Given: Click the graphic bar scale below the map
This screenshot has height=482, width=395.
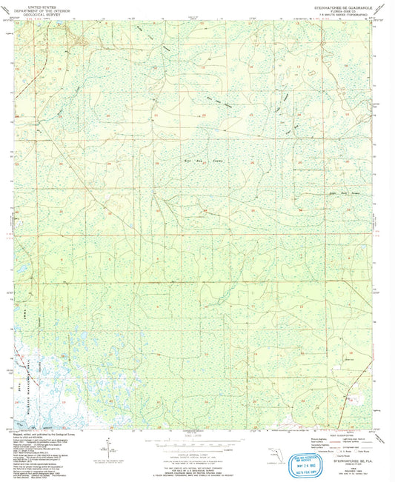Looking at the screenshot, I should click(x=196, y=443).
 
